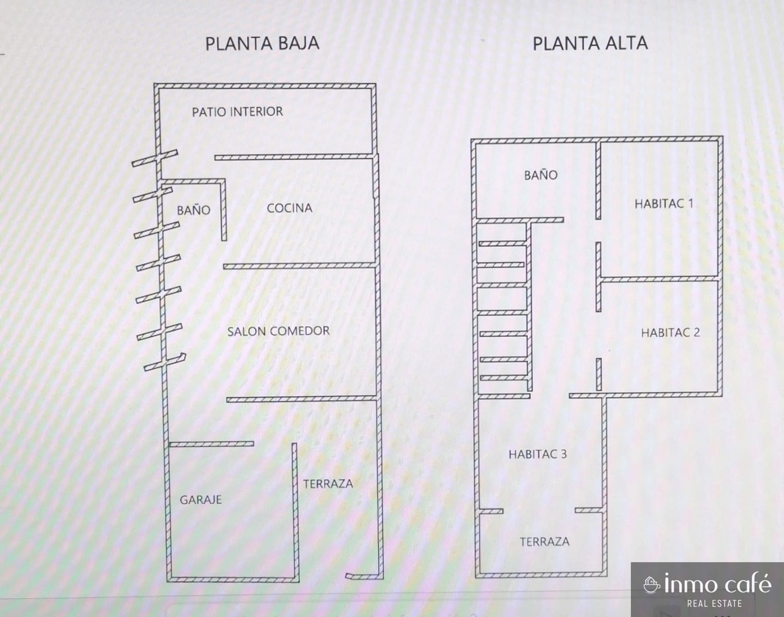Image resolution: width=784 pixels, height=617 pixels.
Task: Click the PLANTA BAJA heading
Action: pos(262,43)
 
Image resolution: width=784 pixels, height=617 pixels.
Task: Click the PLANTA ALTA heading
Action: pos(590,43)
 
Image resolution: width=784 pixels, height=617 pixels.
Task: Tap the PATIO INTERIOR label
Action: pos(237,112)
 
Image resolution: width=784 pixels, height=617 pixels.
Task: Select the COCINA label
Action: pos(289,208)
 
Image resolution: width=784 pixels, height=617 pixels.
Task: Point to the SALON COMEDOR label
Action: pos(278,331)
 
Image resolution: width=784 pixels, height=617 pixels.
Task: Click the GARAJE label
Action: pos(200,499)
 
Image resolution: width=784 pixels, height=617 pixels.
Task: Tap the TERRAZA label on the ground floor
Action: pos(328,484)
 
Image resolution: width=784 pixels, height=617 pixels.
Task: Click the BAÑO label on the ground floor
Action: pos(193,210)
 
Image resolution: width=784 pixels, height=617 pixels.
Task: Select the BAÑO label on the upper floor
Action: pos(540,175)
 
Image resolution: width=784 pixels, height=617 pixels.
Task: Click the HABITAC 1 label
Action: pos(664,204)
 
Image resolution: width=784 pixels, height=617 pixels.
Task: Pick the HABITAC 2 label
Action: pos(670,333)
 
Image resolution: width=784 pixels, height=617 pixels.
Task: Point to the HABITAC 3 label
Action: pos(537,454)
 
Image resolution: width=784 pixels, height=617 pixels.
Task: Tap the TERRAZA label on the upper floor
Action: pos(544,542)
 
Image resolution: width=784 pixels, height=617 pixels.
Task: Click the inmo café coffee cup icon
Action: pos(651,585)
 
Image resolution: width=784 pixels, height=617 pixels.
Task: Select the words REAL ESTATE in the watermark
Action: pos(714,604)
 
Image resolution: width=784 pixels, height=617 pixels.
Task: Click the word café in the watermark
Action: pos(747,584)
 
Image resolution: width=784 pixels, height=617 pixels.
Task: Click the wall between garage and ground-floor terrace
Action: pos(294,509)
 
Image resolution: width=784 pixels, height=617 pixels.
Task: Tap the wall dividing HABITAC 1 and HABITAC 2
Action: pos(659,279)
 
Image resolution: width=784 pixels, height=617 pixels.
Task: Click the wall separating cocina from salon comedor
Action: pos(301,266)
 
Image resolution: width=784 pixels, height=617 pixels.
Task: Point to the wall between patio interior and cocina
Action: pos(293,156)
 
